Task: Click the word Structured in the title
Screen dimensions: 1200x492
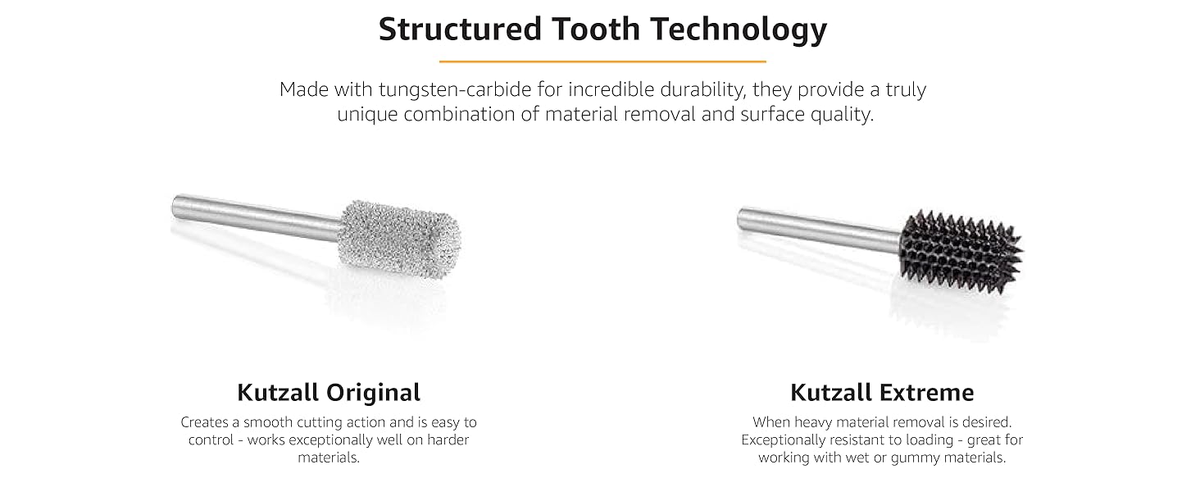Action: [460, 29]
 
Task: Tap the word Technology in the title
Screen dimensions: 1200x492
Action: [740, 30]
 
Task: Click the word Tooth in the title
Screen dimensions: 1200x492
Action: [597, 29]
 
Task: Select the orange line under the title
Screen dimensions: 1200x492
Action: [602, 61]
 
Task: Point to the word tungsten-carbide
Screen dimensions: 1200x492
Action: [455, 89]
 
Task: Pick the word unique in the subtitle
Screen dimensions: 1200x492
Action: [367, 114]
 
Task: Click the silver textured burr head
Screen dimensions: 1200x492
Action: [400, 239]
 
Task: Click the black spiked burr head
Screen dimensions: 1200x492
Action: [961, 251]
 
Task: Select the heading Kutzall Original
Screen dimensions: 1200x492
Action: [329, 392]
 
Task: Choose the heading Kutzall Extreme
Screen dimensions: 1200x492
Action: [882, 392]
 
